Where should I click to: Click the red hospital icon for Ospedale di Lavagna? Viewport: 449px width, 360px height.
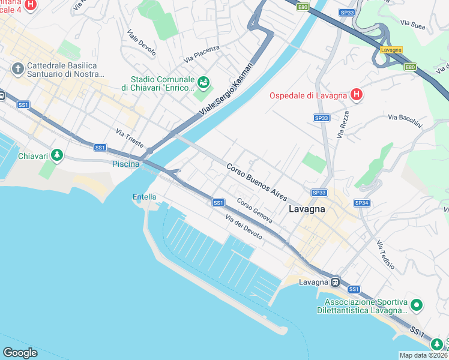click(x=357, y=95)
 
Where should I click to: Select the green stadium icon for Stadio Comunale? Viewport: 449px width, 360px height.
click(x=203, y=81)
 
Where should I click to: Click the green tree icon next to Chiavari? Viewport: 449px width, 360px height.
click(x=57, y=155)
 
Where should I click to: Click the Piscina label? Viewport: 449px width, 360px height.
click(x=125, y=164)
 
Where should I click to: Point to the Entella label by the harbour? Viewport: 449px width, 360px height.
click(x=144, y=197)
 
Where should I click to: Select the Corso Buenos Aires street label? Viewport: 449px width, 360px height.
click(x=256, y=181)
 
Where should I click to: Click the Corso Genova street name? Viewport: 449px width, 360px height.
click(x=255, y=210)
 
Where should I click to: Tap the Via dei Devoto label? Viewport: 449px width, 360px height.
click(x=244, y=227)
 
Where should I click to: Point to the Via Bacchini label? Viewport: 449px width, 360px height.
click(x=405, y=121)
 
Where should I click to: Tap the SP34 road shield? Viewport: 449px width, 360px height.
click(x=361, y=203)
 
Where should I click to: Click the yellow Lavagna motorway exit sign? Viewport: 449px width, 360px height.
click(x=391, y=50)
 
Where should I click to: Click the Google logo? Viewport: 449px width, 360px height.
click(x=20, y=352)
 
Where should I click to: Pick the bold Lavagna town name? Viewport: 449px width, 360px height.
click(x=307, y=209)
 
